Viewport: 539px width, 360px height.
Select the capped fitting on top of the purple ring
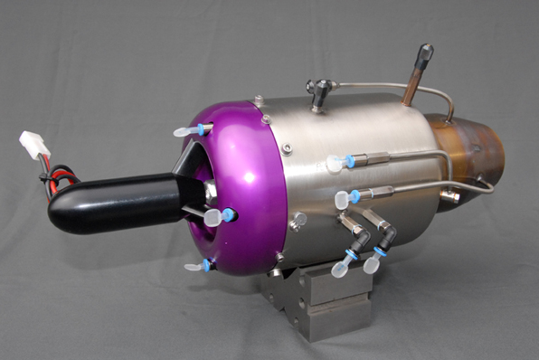(191, 131)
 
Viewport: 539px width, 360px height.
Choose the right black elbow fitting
(386, 237)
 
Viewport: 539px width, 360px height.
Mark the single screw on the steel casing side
(287, 148)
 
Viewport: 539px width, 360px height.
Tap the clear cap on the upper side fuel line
(337, 164)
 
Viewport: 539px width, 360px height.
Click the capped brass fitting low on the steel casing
(298, 220)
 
